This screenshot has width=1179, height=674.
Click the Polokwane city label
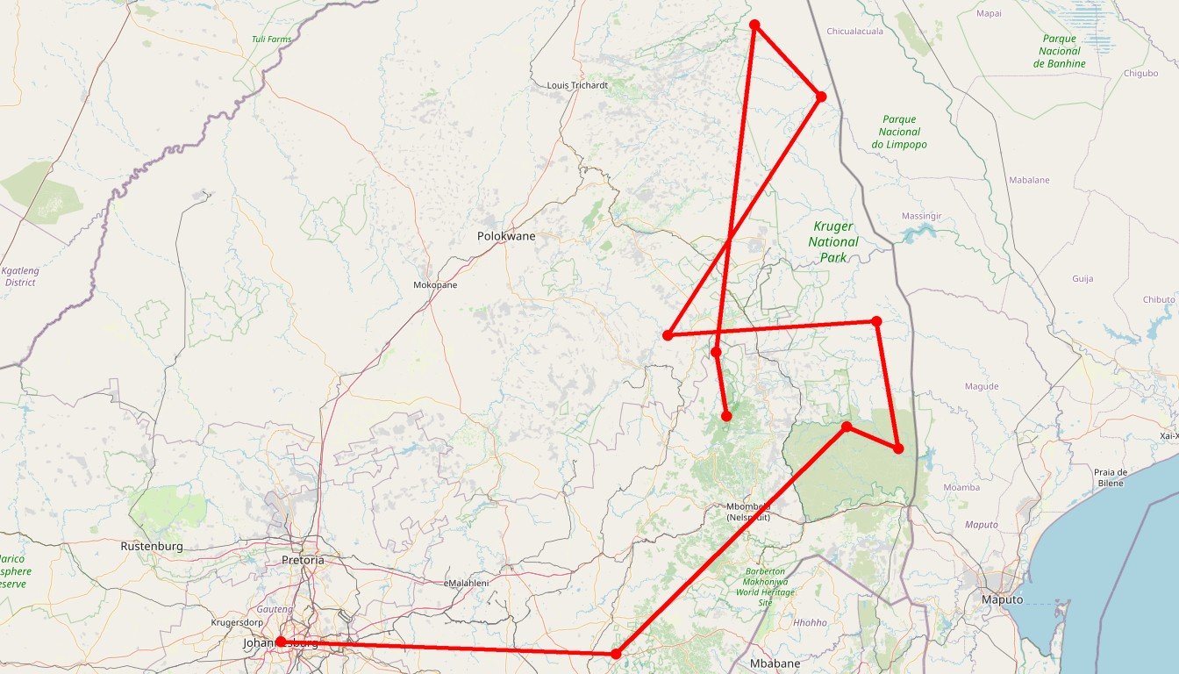pyautogui.click(x=506, y=236)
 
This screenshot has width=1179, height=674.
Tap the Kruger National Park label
pyautogui.click(x=833, y=241)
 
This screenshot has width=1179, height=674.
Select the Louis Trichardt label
pyautogui.click(x=576, y=85)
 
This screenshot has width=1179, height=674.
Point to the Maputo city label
pyautogui.click(x=1001, y=599)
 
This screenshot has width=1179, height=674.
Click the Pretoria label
pyautogui.click(x=303, y=560)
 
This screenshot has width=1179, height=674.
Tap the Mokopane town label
pyautogui.click(x=435, y=285)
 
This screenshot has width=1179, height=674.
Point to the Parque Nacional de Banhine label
pyautogui.click(x=1060, y=51)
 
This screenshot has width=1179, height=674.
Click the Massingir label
pyautogui.click(x=922, y=216)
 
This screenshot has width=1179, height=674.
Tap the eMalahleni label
pyautogui.click(x=467, y=583)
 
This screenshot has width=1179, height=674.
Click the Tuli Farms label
pyautogui.click(x=271, y=39)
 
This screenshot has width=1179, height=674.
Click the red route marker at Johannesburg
pyautogui.click(x=281, y=642)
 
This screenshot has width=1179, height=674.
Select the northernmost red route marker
pyautogui.click(x=754, y=25)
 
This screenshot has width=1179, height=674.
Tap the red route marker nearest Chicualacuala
pyautogui.click(x=821, y=97)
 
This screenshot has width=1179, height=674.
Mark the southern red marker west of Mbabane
pyautogui.click(x=616, y=654)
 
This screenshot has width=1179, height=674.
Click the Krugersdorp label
pyautogui.click(x=238, y=623)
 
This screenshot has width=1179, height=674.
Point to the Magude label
pyautogui.click(x=982, y=386)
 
